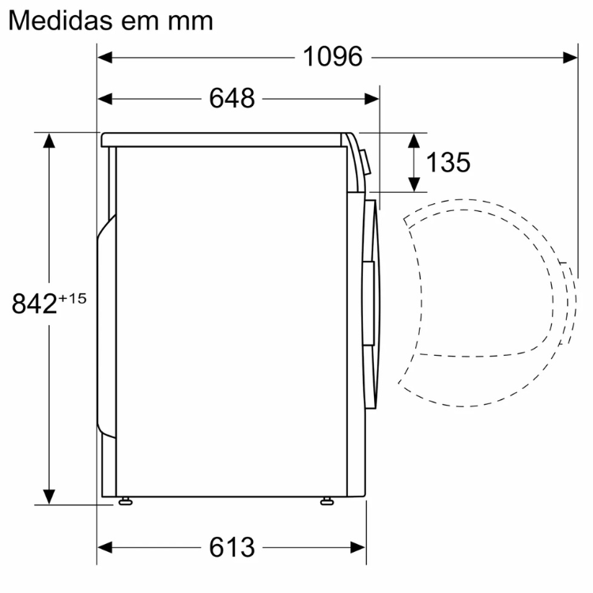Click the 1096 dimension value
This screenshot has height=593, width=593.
(x=333, y=57)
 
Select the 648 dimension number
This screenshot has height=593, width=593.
(x=232, y=99)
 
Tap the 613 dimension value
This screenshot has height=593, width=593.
(x=232, y=547)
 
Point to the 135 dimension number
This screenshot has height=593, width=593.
(x=448, y=163)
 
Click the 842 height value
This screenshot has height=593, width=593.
(x=34, y=304)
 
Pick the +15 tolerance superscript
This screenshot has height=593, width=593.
(x=72, y=299)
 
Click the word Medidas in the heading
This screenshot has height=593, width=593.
(x=61, y=21)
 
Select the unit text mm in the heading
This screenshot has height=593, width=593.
(x=191, y=24)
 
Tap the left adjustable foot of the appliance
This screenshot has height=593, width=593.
(x=125, y=501)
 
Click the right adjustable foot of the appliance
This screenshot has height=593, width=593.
(x=327, y=501)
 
